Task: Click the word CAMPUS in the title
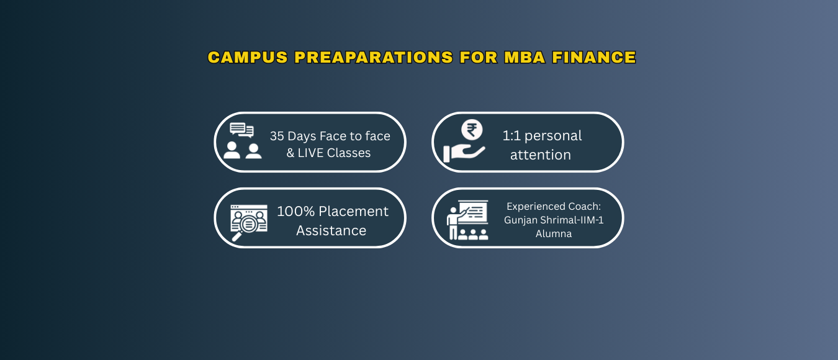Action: click(x=248, y=57)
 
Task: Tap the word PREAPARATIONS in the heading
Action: click(x=374, y=57)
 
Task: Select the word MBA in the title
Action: click(x=525, y=57)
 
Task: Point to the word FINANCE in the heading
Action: click(x=594, y=57)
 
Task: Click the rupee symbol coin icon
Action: click(x=472, y=130)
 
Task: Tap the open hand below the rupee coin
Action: click(x=464, y=153)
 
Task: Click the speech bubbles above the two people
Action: click(x=241, y=130)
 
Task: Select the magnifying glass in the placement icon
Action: click(x=245, y=227)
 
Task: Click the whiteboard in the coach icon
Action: click(x=473, y=212)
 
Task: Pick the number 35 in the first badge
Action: click(x=277, y=136)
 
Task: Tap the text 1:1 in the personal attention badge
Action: click(x=511, y=135)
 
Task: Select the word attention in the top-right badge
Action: click(x=541, y=155)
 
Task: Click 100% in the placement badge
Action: click(x=296, y=212)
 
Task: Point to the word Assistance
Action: click(x=331, y=230)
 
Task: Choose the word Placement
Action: click(x=354, y=212)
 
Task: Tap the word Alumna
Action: click(x=554, y=233)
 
